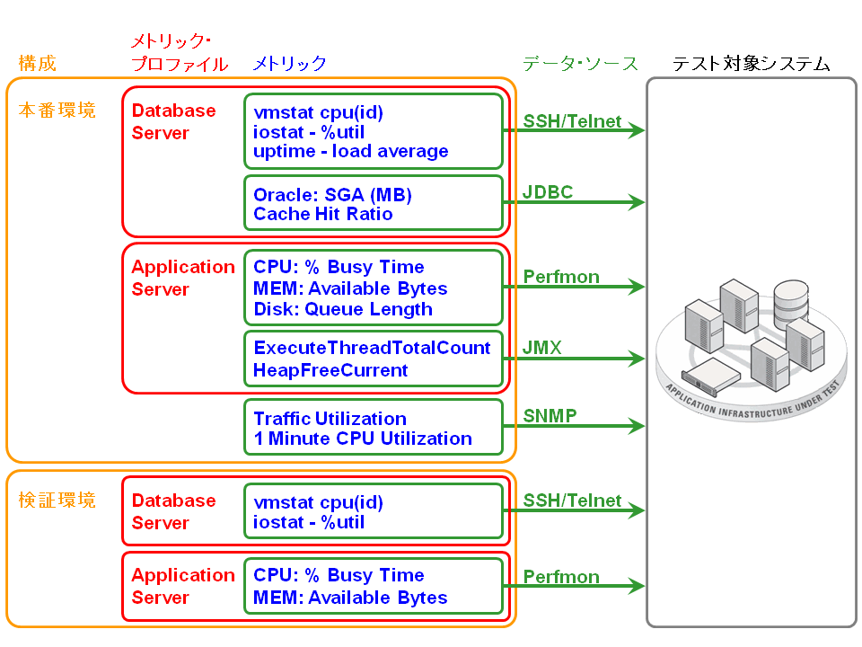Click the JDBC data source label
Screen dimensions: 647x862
click(548, 191)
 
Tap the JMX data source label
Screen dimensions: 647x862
click(542, 348)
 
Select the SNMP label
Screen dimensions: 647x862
click(550, 415)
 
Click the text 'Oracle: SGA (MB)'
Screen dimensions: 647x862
click(332, 195)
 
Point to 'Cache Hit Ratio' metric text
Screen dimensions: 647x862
click(322, 214)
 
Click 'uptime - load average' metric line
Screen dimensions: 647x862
click(350, 151)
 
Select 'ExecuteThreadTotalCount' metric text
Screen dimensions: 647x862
click(372, 348)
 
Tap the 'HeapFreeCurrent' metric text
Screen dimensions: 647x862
click(330, 369)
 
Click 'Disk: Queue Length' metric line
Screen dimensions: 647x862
click(342, 309)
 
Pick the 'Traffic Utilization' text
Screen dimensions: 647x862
click(330, 419)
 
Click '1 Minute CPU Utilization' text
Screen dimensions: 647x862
click(362, 439)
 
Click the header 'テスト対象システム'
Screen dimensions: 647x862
click(751, 64)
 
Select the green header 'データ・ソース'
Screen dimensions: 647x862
click(580, 64)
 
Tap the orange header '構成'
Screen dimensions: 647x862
click(37, 64)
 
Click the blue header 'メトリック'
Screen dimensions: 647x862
click(289, 64)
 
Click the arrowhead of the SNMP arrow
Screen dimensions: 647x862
click(638, 424)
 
